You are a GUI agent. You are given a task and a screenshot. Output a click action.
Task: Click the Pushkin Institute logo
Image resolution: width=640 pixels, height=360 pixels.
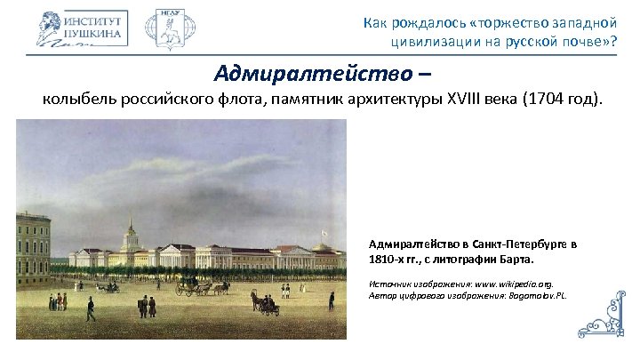[83, 28]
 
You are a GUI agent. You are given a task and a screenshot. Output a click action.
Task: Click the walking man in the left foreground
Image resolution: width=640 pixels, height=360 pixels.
[91, 308]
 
